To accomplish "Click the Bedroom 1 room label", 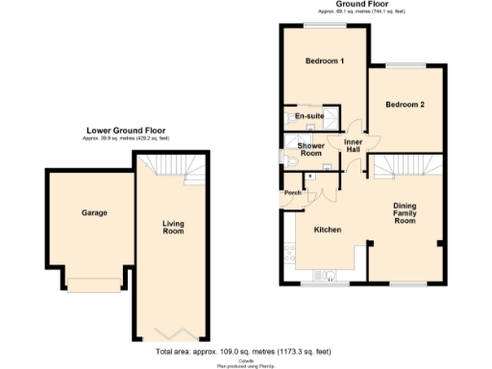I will (x=324, y=61).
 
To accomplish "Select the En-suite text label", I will (x=308, y=116).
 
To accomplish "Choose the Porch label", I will (x=291, y=193).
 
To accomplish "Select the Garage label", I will (x=93, y=212).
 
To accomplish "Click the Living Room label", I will (x=172, y=227).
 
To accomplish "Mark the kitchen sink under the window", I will (x=329, y=279).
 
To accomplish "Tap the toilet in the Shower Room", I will (x=288, y=162).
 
